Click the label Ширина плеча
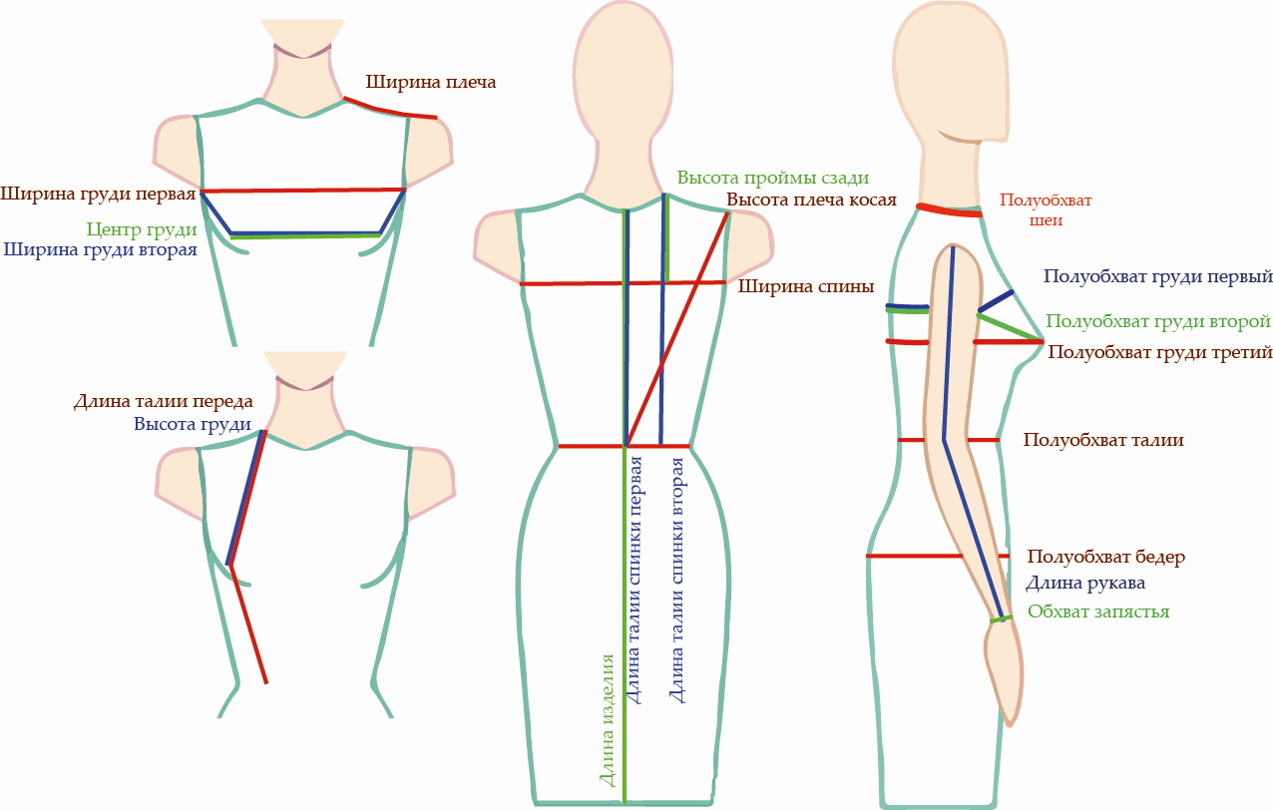[430, 83]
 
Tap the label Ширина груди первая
[98, 195]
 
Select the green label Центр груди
[142, 229]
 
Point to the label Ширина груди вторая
[100, 249]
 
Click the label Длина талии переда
[163, 401]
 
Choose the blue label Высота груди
[193, 424]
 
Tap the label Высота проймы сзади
[773, 178]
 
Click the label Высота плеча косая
[811, 201]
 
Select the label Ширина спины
[806, 286]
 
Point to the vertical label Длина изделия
[608, 720]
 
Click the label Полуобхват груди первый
[1157, 276]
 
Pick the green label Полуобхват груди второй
[1158, 322]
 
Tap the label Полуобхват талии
[1103, 440]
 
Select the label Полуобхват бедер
[1106, 557]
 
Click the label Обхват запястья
[1098, 611]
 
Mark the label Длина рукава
[1084, 584]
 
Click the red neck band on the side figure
[949, 210]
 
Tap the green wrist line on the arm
[1001, 619]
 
